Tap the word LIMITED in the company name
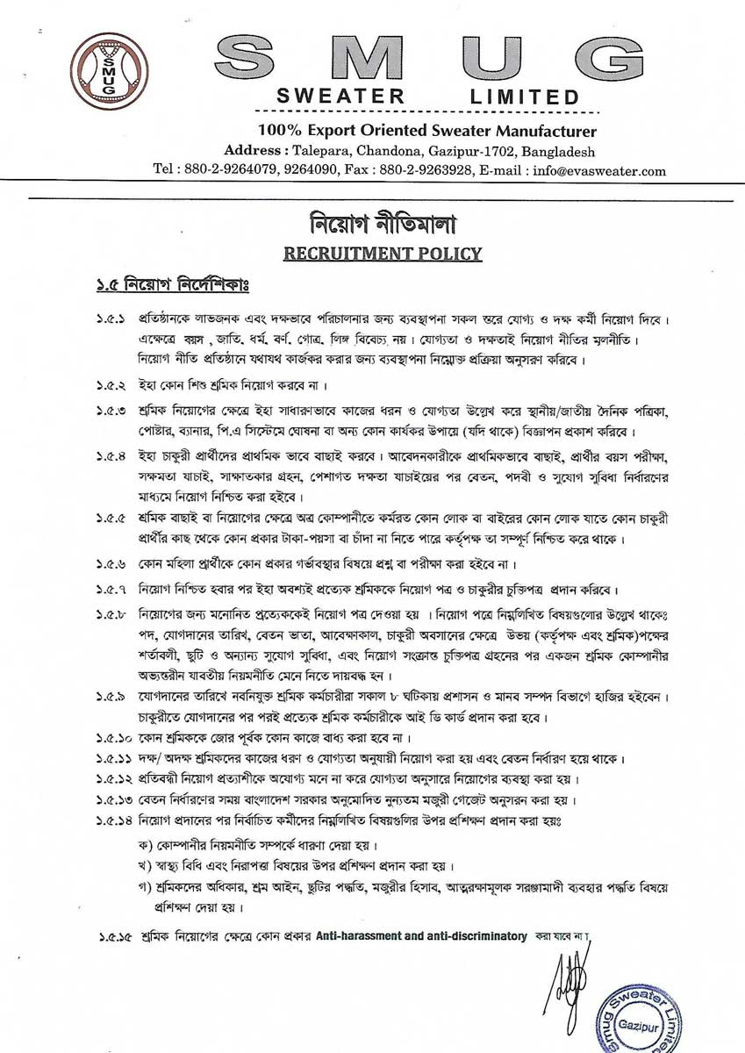coord(525,96)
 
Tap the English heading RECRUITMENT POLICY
coord(383,254)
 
